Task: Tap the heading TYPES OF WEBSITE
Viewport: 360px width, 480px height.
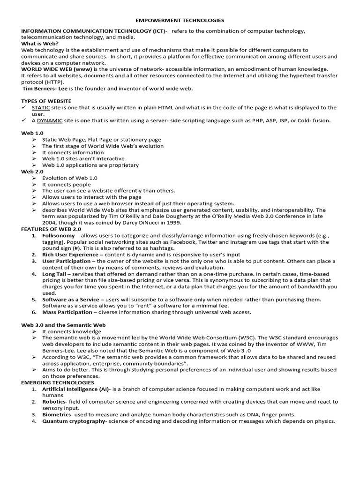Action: (46, 101)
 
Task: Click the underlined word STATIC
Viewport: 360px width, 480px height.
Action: (41, 107)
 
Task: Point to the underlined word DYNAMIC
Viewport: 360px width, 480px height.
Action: (50, 120)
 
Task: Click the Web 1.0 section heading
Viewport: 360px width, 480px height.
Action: (32, 133)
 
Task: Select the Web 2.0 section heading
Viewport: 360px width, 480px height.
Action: (32, 172)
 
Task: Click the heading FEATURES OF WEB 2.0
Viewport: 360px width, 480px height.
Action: (51, 229)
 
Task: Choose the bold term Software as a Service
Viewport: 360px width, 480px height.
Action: (70, 300)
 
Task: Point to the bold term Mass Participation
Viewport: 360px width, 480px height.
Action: (67, 312)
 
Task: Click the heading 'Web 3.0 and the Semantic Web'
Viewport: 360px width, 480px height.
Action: (63, 325)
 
